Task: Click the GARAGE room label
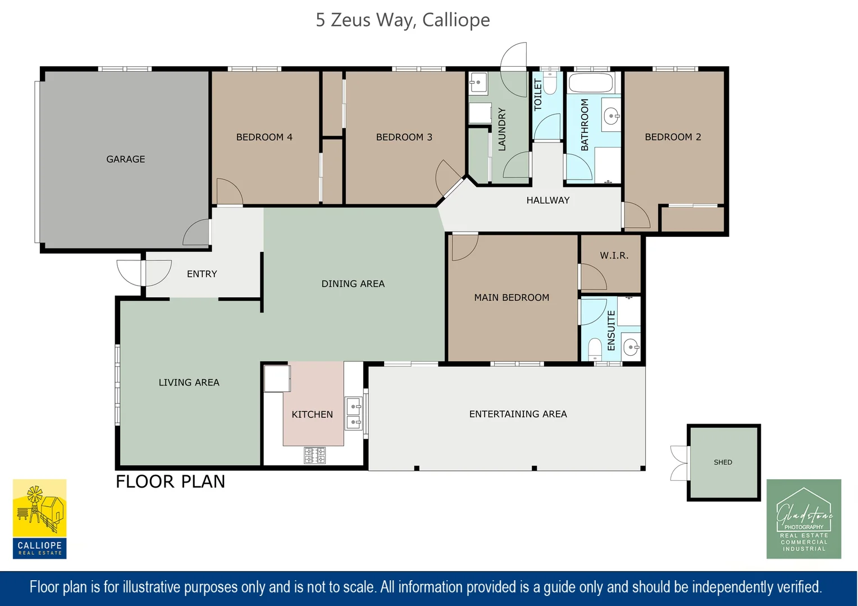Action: (x=126, y=159)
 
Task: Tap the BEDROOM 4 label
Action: (x=264, y=137)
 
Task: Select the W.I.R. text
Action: (x=614, y=256)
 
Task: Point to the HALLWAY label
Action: (x=547, y=200)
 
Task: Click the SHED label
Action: (x=723, y=462)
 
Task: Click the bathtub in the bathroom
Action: (x=591, y=82)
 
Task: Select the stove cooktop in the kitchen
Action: (x=315, y=456)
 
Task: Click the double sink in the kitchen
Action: (x=354, y=414)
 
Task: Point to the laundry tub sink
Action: (x=478, y=82)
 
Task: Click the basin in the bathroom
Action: (x=611, y=115)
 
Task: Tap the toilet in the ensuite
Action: (x=595, y=349)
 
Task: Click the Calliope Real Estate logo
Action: (x=40, y=519)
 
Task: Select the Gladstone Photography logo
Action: (x=804, y=519)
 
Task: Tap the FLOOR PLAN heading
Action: (x=171, y=481)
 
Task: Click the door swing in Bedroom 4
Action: (x=230, y=191)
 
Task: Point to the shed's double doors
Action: (x=680, y=463)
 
